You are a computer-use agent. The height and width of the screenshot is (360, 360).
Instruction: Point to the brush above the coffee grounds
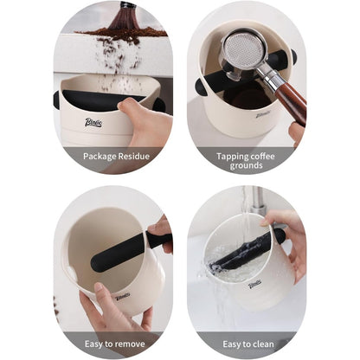pyautogui.click(x=125, y=15)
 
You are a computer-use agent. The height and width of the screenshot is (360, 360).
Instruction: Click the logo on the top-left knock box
pyautogui.click(x=93, y=122)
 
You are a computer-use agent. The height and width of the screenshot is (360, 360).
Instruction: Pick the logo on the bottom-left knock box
pyautogui.click(x=122, y=295)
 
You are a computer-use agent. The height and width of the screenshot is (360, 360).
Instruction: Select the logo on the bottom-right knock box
pyautogui.click(x=254, y=284)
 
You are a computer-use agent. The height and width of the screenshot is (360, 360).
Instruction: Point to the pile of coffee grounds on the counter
pyautogui.click(x=121, y=32)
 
